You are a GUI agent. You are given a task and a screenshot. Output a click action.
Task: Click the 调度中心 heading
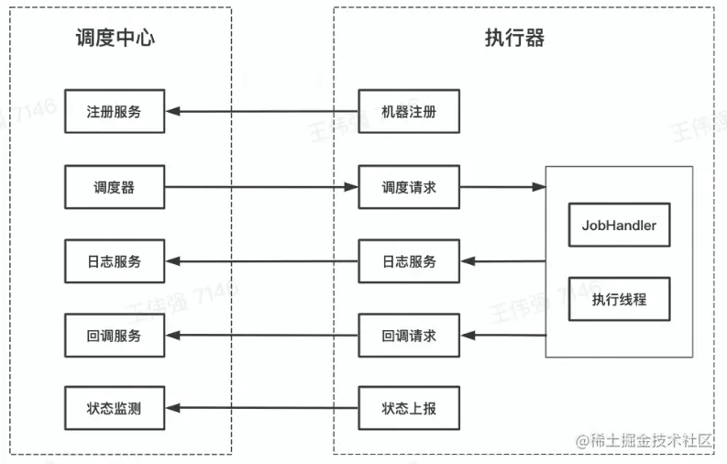(115, 38)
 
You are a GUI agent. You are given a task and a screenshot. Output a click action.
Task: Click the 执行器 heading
(514, 38)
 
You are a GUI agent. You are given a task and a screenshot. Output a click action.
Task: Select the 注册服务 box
(115, 112)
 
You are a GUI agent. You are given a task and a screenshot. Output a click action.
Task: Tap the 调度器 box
(115, 187)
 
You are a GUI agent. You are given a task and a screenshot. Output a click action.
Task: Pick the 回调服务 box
(115, 336)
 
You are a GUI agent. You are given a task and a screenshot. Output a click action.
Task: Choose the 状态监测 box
(115, 408)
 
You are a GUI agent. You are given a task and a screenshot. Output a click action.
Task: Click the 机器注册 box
(408, 112)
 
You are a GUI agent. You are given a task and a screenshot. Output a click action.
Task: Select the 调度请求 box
(408, 187)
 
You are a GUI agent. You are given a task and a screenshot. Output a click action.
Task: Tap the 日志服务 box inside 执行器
(408, 261)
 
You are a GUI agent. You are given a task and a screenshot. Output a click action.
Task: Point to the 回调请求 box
(408, 336)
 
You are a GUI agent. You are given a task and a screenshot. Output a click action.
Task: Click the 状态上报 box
(408, 408)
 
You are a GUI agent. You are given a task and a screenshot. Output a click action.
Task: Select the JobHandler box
(619, 225)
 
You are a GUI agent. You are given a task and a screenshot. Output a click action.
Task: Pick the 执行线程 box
(619, 299)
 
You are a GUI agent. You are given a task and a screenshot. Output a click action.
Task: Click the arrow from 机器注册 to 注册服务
(261, 112)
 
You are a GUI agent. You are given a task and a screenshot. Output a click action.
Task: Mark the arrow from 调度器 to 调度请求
(261, 187)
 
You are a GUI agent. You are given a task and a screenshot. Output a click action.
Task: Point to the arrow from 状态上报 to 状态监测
(261, 408)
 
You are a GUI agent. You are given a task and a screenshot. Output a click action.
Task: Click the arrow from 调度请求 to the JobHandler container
(502, 187)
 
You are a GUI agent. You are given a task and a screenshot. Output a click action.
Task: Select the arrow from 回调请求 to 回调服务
(261, 336)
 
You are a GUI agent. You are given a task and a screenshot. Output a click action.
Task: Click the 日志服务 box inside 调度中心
(115, 261)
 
